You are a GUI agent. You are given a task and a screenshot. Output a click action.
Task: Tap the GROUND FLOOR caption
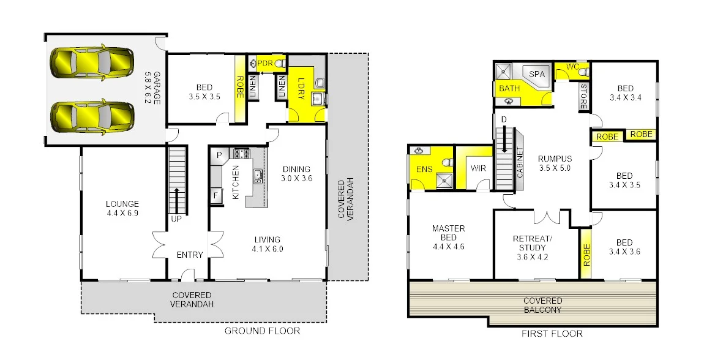[x=262, y=331]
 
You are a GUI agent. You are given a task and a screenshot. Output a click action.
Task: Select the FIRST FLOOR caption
[x=553, y=334]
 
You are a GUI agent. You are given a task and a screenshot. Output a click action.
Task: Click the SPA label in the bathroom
[x=536, y=74]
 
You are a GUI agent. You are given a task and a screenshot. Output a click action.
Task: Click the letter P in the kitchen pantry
[x=217, y=156]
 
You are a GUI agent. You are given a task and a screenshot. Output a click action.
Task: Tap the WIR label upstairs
[x=477, y=168]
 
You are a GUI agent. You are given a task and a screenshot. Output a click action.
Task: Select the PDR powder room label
[x=264, y=63]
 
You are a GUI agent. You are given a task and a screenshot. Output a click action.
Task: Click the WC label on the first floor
[x=572, y=66]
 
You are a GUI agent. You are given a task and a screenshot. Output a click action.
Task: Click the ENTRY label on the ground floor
[x=189, y=255]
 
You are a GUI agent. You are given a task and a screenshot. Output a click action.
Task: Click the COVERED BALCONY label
[x=542, y=306]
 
